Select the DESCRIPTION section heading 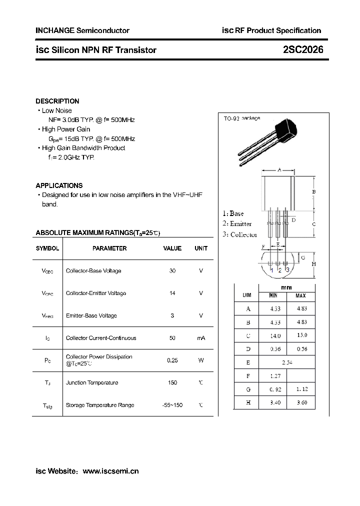(57, 101)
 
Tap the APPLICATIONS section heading (59, 185)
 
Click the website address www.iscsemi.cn (110, 471)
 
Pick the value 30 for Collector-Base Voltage (172, 270)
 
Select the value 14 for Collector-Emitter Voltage (172, 293)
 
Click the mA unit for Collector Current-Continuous (201, 338)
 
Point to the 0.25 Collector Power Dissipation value (172, 360)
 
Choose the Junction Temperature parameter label (92, 382)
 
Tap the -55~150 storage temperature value (172, 405)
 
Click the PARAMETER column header (109, 248)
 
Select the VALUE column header (172, 248)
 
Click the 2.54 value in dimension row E (286, 362)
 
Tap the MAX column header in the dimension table (300, 296)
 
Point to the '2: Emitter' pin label (237, 223)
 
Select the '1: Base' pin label (233, 213)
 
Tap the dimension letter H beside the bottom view (313, 264)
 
